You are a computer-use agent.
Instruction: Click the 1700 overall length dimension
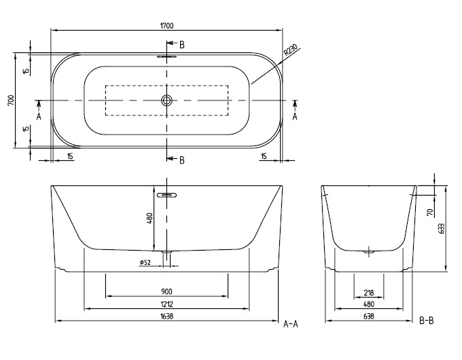(x=166, y=26)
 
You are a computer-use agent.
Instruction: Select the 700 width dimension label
(x=10, y=101)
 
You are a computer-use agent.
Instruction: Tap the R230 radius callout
(x=291, y=50)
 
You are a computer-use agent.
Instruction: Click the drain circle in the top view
(x=166, y=101)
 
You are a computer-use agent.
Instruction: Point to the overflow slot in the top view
(x=166, y=56)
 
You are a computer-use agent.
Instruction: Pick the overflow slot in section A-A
(x=166, y=195)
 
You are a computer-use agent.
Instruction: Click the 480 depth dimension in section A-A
(x=149, y=219)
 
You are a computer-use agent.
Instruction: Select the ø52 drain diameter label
(x=145, y=262)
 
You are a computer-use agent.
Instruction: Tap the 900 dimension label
(x=166, y=291)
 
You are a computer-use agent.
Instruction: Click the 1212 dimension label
(x=166, y=304)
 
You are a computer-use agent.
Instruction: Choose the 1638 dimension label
(x=166, y=316)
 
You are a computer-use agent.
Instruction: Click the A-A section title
(x=291, y=324)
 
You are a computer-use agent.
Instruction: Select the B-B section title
(x=427, y=321)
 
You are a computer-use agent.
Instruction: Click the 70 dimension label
(x=430, y=212)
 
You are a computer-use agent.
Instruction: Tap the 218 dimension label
(x=369, y=293)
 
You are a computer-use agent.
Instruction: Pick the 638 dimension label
(x=369, y=316)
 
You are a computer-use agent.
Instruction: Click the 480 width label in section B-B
(x=369, y=304)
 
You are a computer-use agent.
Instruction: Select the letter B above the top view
(x=182, y=45)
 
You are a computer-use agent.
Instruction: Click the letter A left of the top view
(x=39, y=117)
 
